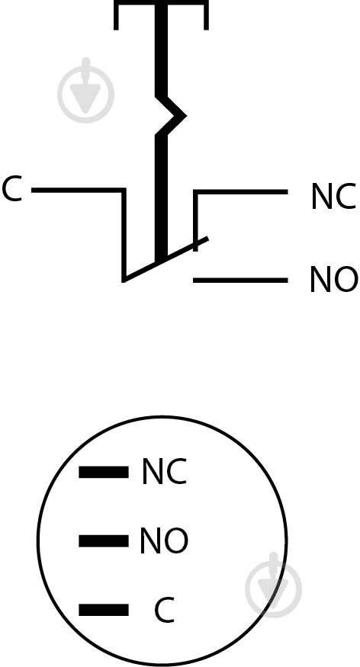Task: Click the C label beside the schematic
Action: click(x=11, y=189)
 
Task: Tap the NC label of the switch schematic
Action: click(x=333, y=196)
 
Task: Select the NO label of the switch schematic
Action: click(x=333, y=279)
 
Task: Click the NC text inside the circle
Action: click(x=164, y=471)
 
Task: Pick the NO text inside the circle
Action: click(x=164, y=540)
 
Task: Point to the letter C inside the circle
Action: click(x=164, y=610)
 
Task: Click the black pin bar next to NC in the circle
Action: click(x=104, y=472)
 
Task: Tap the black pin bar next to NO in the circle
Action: click(x=104, y=540)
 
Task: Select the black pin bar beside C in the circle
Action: click(x=104, y=610)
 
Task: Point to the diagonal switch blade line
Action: click(x=166, y=259)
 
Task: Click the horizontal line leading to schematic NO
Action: click(x=240, y=280)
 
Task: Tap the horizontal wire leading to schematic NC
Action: click(x=240, y=192)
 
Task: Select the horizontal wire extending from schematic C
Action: click(x=79, y=190)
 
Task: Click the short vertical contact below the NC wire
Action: click(x=195, y=221)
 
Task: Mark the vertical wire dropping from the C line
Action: click(x=124, y=235)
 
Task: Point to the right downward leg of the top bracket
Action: click(x=207, y=15)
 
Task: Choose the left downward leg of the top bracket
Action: click(x=116, y=15)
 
